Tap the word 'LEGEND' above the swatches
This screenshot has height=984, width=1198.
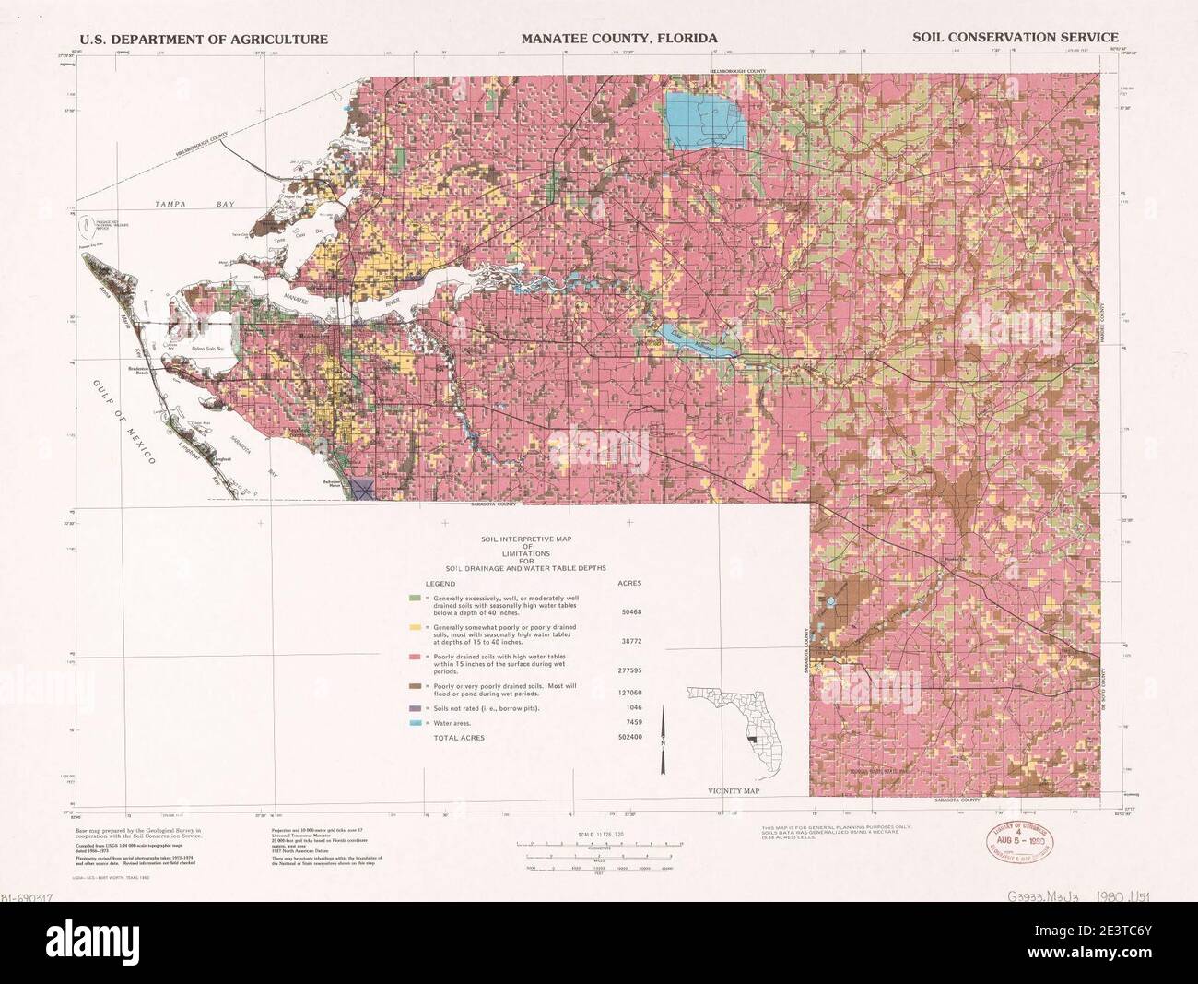click(x=440, y=584)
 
